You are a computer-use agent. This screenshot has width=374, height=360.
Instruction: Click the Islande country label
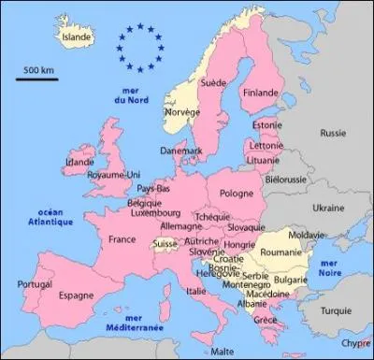(x=76, y=36)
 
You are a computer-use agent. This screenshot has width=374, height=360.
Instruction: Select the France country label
(x=122, y=239)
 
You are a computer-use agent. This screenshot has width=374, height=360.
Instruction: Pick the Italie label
(x=197, y=291)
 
